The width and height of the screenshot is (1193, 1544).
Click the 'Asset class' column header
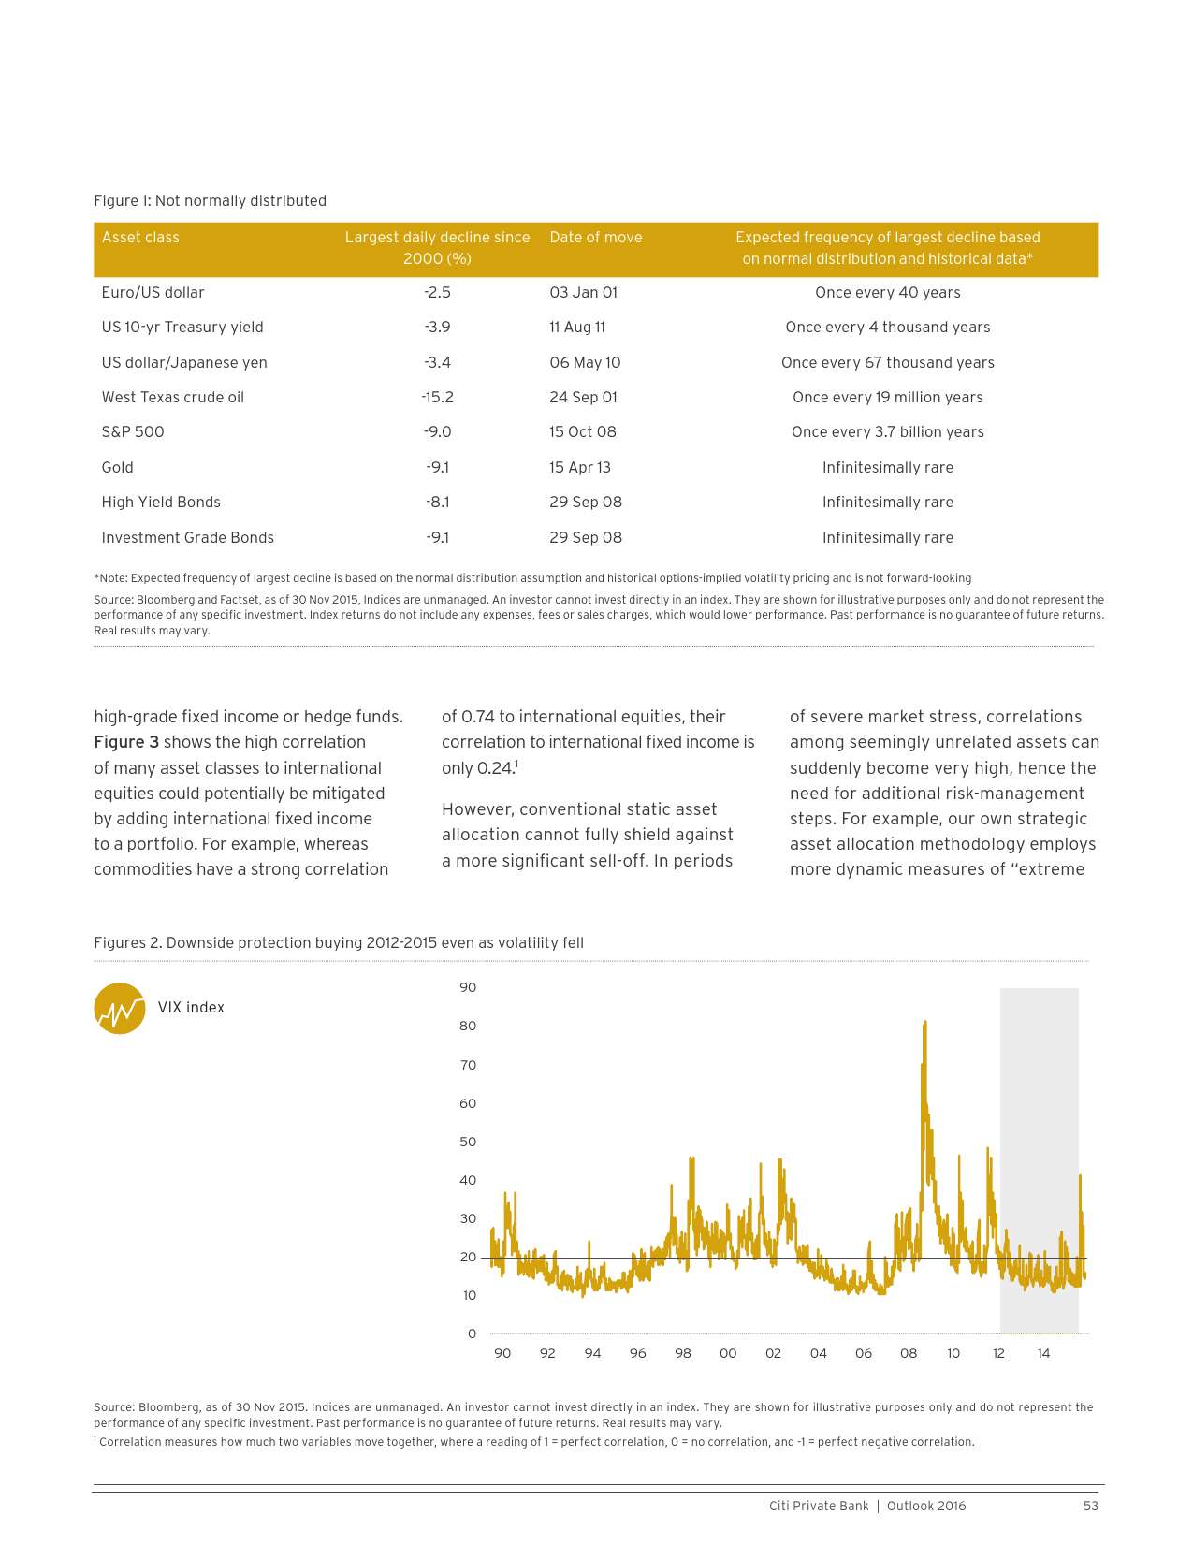pos(140,238)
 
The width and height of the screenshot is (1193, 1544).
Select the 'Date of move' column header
pos(596,238)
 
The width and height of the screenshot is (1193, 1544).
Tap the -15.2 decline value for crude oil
pos(437,398)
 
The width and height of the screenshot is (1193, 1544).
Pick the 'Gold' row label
pos(118,468)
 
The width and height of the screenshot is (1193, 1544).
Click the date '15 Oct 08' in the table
pos(583,432)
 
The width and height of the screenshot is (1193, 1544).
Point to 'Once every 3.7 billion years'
pos(888,432)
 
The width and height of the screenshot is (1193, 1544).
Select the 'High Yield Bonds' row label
pos(161,503)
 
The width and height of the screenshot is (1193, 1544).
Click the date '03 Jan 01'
pos(584,293)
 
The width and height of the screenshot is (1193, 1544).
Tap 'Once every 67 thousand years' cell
pos(888,363)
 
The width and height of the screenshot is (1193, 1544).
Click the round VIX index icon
pos(120,1009)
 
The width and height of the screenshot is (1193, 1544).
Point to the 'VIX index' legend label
pos(191,1008)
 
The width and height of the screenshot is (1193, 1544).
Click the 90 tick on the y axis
pos(468,988)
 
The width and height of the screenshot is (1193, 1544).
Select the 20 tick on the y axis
pos(468,1258)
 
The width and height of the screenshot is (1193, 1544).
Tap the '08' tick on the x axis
pos(909,1354)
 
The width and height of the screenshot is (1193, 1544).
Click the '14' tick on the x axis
pos(1043,1354)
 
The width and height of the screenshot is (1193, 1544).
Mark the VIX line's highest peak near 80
pos(924,1023)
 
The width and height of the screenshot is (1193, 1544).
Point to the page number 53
pos(1091,1507)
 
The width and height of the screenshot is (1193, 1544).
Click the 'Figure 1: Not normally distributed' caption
pos(211,201)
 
